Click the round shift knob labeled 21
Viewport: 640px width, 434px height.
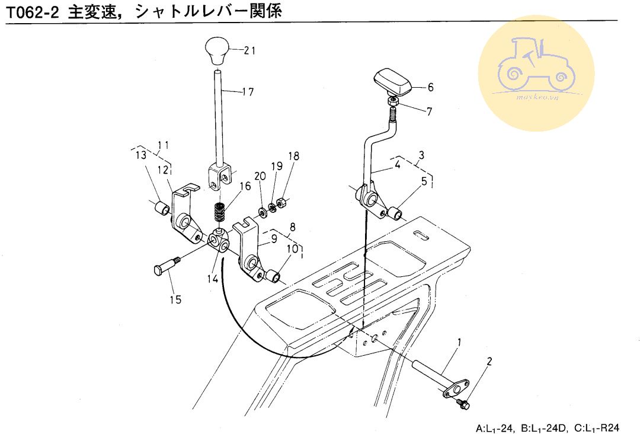click(x=217, y=50)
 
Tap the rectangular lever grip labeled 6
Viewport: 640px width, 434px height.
click(x=393, y=83)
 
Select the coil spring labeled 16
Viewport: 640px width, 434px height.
click(x=220, y=212)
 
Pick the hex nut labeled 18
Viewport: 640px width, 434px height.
click(x=281, y=202)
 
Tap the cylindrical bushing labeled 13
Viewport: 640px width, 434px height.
click(x=162, y=208)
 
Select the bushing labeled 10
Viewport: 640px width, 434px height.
click(x=273, y=276)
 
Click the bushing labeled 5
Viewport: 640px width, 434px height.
click(x=395, y=213)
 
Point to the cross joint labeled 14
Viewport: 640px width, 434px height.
click(x=219, y=241)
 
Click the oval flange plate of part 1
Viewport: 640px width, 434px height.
click(x=456, y=388)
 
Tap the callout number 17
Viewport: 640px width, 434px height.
click(x=248, y=92)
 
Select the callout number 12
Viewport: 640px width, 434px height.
click(x=164, y=170)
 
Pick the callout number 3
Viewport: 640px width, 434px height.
click(x=421, y=155)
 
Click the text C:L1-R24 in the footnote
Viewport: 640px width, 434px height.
click(x=597, y=428)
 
